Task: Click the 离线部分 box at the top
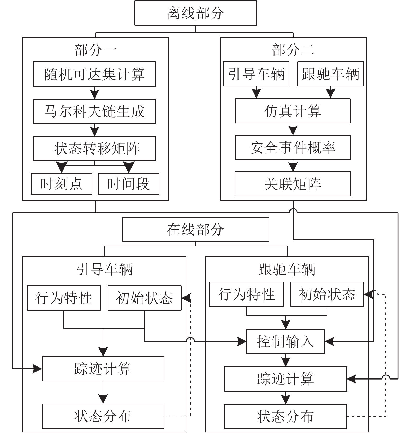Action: click(x=195, y=13)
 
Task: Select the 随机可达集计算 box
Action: click(x=94, y=74)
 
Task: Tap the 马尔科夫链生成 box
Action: click(x=94, y=111)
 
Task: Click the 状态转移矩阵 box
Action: click(x=94, y=148)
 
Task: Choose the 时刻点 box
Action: click(x=61, y=184)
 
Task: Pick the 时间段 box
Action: click(x=128, y=184)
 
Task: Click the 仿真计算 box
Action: click(x=293, y=111)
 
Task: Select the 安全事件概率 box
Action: click(x=293, y=147)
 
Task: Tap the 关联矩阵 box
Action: click(x=293, y=184)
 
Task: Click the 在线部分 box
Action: click(x=195, y=230)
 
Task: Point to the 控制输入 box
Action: click(x=285, y=341)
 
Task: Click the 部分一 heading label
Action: click(x=95, y=50)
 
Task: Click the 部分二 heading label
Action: click(x=293, y=50)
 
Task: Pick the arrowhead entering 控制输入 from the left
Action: click(x=241, y=341)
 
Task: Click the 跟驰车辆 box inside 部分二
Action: click(x=331, y=74)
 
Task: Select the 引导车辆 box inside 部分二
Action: click(x=256, y=74)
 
